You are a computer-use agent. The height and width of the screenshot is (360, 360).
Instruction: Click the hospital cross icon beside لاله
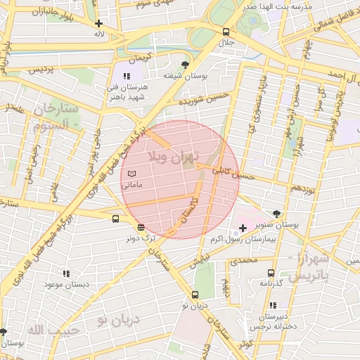click(99, 23)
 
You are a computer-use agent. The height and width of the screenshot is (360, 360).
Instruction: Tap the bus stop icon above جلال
click(226, 32)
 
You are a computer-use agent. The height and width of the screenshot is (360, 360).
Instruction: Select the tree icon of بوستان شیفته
click(185, 65)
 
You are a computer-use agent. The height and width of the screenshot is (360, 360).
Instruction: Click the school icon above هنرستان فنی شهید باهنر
click(127, 76)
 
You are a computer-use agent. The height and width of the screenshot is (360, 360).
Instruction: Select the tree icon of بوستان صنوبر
click(276, 214)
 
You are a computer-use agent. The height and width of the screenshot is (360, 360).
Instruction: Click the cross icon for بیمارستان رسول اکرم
click(243, 228)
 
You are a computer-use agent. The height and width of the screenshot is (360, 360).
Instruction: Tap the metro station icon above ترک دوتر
click(141, 227)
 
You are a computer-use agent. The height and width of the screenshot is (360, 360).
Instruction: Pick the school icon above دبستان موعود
click(66, 274)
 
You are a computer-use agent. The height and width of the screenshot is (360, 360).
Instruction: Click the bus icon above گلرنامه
click(271, 273)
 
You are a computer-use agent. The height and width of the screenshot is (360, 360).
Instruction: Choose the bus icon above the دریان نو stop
click(195, 295)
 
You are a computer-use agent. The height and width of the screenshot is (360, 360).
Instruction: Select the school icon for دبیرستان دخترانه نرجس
click(273, 305)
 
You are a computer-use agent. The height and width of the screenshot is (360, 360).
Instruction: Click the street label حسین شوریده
click(203, 99)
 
